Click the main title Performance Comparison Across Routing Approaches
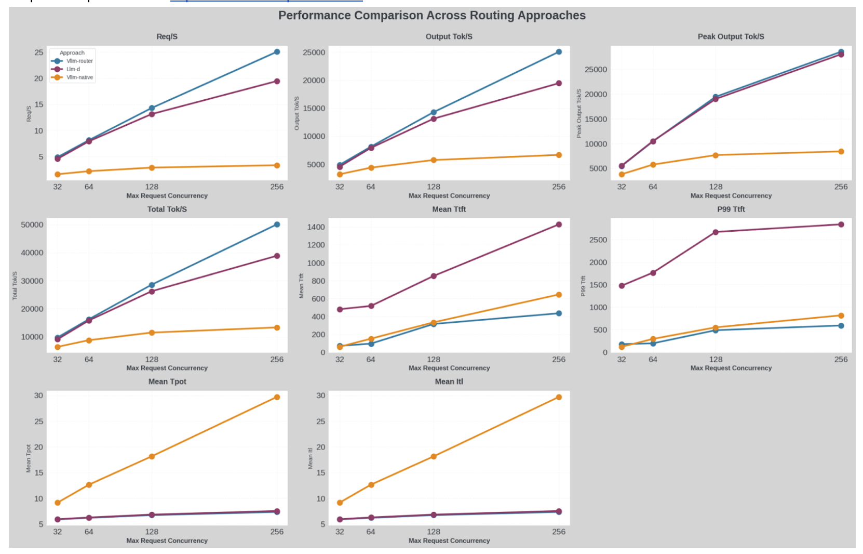click(431, 16)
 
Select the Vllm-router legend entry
click(79, 61)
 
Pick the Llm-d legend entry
click(73, 69)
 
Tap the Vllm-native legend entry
click(79, 77)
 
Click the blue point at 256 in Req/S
click(277, 52)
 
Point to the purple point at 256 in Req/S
click(277, 82)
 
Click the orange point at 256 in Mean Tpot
click(277, 397)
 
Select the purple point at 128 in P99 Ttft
click(716, 232)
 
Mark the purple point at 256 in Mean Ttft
click(559, 225)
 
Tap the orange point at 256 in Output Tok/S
click(559, 155)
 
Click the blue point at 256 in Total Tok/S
click(277, 225)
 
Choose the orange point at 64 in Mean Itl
click(371, 485)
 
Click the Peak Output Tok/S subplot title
click(731, 36)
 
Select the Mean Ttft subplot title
click(449, 209)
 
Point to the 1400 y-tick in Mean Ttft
click(316, 227)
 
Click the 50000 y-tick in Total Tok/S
click(32, 225)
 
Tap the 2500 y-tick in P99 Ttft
click(598, 240)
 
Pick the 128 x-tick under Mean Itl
click(434, 532)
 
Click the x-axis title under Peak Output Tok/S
click(731, 196)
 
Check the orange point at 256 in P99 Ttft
click(841, 316)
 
